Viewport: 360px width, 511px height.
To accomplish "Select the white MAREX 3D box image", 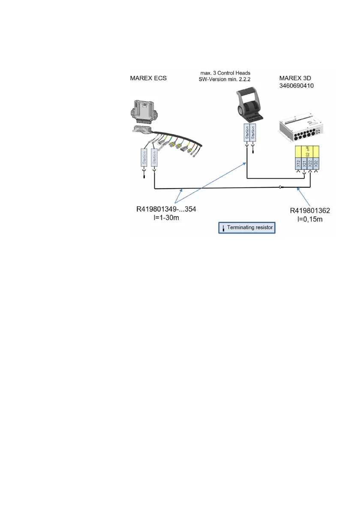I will pyautogui.click(x=300, y=129).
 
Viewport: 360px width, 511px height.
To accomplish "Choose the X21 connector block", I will pyautogui.click(x=304, y=163).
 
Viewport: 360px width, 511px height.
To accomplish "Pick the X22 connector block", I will pyautogui.click(x=310, y=163).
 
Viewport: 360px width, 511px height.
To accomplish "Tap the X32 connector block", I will pyautogui.click(x=316, y=163).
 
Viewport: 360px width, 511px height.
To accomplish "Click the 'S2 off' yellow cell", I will pyautogui.click(x=307, y=151).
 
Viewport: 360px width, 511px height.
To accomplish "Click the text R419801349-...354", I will pyautogui.click(x=167, y=210).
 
